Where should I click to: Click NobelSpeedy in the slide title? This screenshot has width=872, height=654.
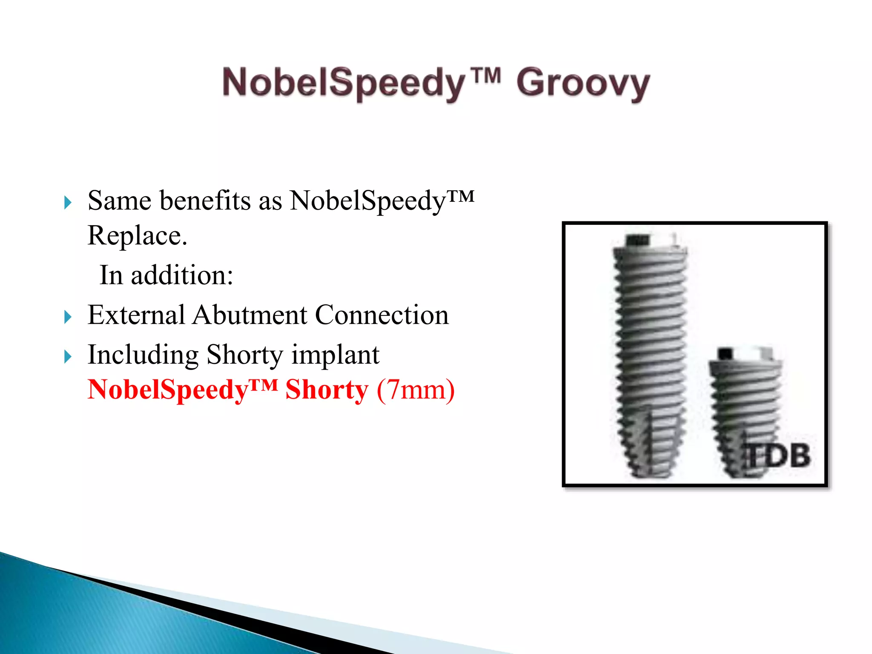(x=343, y=83)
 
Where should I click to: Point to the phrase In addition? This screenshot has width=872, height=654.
(x=166, y=275)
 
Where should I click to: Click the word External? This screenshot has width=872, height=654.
(x=136, y=315)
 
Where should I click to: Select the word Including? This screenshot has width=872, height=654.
(x=143, y=355)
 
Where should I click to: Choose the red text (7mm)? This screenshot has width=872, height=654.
(x=416, y=390)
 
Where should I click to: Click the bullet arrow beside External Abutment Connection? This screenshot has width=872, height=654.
(x=67, y=317)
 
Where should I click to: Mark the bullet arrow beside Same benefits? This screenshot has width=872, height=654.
(x=67, y=202)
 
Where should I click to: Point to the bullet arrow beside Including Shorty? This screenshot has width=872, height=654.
(x=67, y=356)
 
